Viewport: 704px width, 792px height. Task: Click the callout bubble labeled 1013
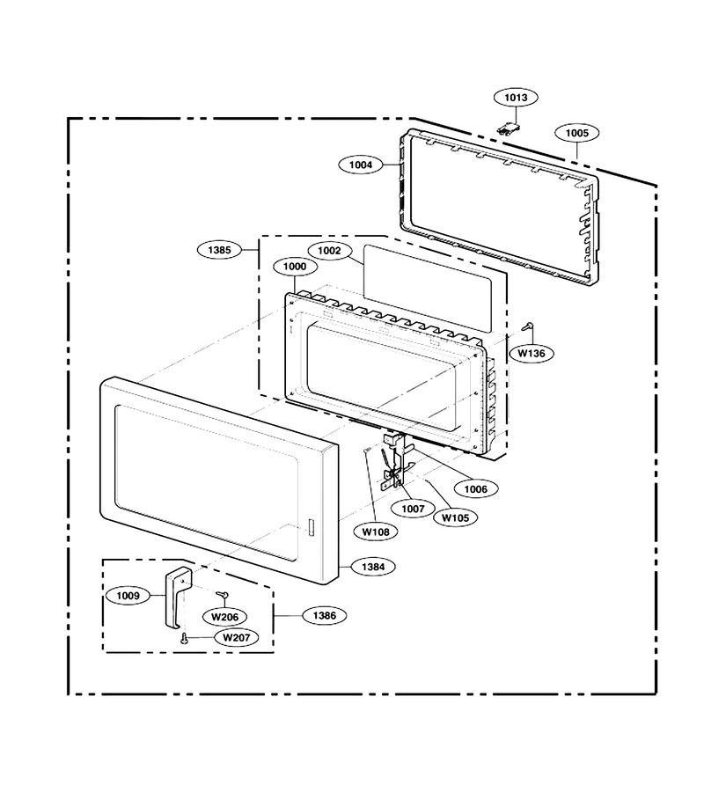click(516, 98)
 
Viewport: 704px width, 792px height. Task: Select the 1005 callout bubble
click(576, 133)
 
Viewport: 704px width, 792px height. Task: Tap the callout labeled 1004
click(361, 165)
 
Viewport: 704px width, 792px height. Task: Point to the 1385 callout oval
click(220, 250)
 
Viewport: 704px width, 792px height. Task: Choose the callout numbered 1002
click(329, 251)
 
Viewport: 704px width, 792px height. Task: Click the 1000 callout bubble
click(295, 266)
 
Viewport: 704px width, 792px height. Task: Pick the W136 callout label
click(532, 354)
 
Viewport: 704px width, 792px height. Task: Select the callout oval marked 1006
click(476, 489)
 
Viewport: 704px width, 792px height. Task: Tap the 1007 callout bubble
click(413, 509)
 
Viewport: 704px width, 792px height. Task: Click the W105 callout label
click(455, 517)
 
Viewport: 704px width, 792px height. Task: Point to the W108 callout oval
click(377, 532)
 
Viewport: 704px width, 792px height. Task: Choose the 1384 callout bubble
click(373, 567)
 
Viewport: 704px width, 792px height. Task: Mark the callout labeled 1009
click(128, 596)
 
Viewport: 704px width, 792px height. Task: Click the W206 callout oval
click(224, 617)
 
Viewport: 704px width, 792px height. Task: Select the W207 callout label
click(237, 637)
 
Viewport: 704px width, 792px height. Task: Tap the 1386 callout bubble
click(324, 616)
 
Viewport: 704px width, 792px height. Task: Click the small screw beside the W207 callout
click(183, 639)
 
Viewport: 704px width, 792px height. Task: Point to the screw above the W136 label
click(528, 326)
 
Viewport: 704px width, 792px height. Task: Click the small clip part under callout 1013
click(507, 128)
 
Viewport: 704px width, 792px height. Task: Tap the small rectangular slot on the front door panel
click(310, 526)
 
